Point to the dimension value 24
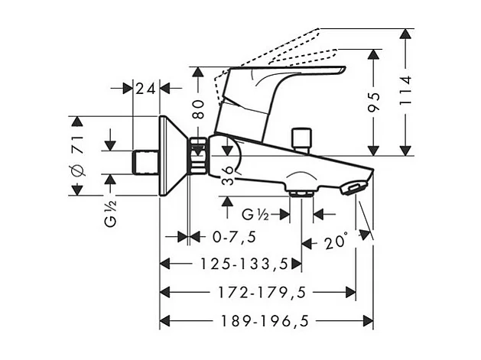(145, 89)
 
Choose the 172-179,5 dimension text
(263, 292)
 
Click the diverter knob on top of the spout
(304, 138)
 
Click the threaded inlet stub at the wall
(145, 161)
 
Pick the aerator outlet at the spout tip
(354, 186)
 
